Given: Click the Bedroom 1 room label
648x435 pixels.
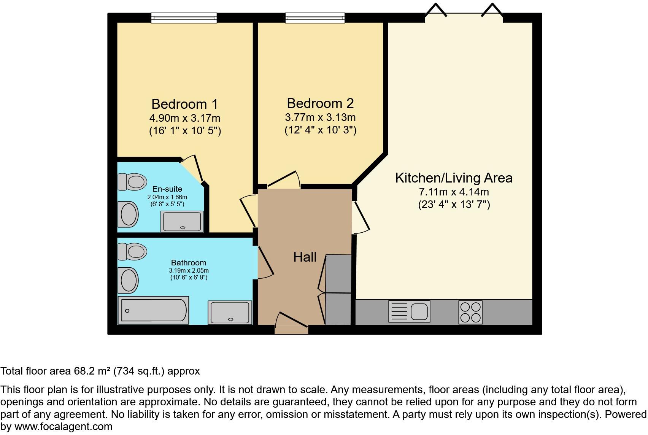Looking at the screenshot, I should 184,104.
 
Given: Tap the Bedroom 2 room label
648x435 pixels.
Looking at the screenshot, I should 320,103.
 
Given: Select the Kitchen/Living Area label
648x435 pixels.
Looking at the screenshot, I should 454,178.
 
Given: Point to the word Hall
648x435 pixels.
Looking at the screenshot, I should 305,257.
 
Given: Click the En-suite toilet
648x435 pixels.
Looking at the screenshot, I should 132,182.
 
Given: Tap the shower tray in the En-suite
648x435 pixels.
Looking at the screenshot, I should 182,221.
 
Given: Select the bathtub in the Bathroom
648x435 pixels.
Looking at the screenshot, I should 153,310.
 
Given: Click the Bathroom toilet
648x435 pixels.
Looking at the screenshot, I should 132,251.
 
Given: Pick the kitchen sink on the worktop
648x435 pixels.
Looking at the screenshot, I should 409,311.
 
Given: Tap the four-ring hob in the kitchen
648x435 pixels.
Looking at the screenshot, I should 470,312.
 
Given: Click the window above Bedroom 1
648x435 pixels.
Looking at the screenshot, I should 184,17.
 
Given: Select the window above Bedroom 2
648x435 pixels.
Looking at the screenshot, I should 315,17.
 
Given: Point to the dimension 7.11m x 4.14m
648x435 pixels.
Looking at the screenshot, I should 454,192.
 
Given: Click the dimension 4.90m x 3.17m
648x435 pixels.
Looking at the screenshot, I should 185,118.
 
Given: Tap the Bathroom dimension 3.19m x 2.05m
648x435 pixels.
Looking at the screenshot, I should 189,270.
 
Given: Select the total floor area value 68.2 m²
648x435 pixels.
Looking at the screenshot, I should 92,371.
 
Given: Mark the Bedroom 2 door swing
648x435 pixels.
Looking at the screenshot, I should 284,180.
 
